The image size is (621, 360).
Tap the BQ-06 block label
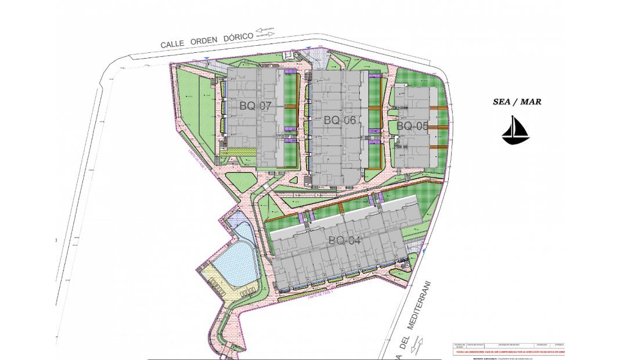point(340,120)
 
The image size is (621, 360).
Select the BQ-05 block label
point(412,125)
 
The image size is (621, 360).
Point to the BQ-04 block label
point(345,240)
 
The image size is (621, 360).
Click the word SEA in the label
point(503,102)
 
